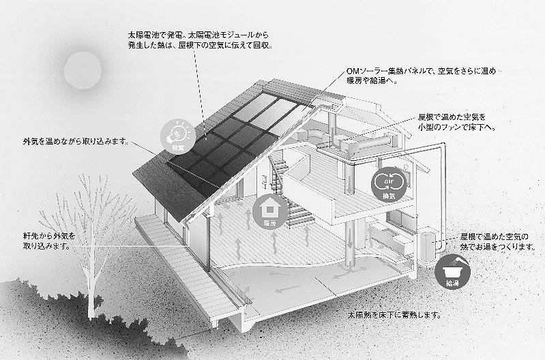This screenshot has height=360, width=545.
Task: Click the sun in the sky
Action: click(83, 70)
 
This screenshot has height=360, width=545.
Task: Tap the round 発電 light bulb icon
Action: click(178, 136)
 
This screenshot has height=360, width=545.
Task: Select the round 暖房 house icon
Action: click(269, 211)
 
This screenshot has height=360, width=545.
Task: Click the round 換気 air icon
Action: click(389, 184)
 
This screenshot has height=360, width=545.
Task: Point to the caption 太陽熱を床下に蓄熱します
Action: click(394, 315)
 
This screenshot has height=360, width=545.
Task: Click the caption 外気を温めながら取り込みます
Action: click(75, 141)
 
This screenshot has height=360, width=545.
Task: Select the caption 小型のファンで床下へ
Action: click(457, 127)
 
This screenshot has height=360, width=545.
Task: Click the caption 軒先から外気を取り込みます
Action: click(49, 241)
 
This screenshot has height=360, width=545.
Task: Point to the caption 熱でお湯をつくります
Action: click(497, 247)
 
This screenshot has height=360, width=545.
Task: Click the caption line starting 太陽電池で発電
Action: click(198, 35)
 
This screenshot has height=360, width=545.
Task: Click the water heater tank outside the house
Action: click(428, 245)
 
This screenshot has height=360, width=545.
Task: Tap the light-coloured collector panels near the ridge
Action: click(264, 110)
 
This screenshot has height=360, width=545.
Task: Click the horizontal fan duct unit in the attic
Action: click(368, 142)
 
